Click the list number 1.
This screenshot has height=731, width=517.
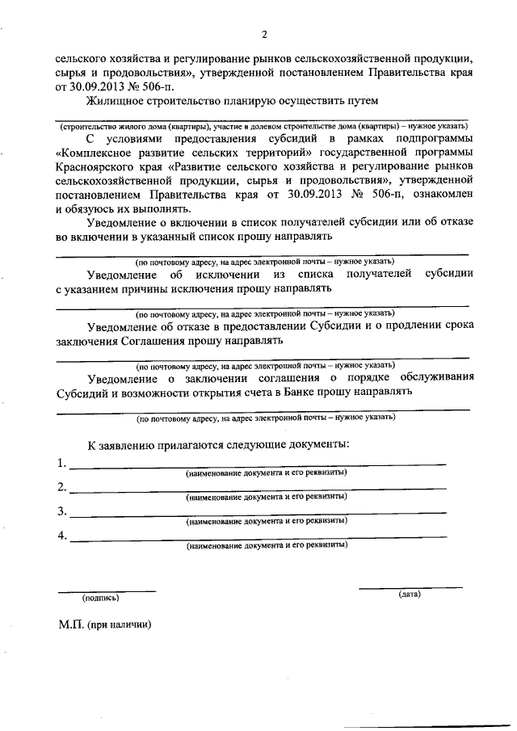pos(61,464)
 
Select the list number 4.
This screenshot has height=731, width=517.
pos(61,536)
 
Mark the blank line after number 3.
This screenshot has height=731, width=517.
pos(258,514)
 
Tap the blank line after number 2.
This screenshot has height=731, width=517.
pos(258,489)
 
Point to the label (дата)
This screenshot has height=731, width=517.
pos(410,594)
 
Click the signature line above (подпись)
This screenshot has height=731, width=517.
pos(109,590)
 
